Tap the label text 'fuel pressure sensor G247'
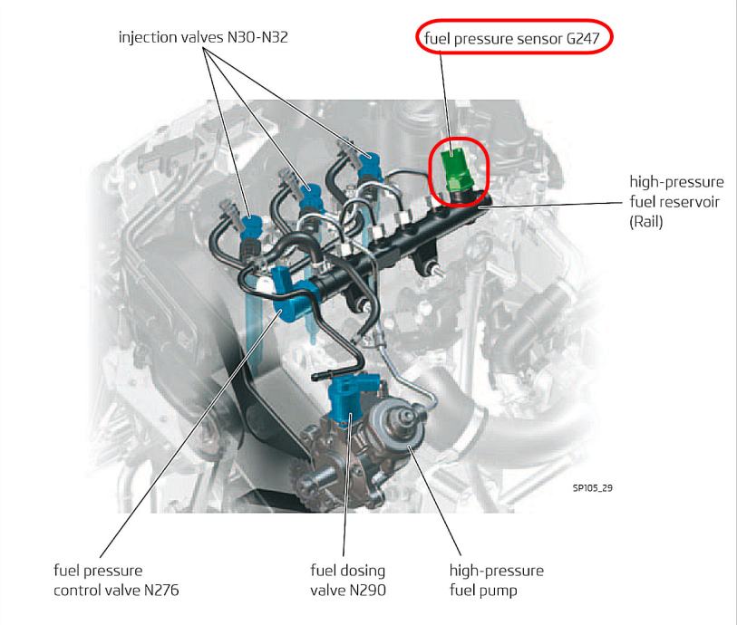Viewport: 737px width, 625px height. (x=512, y=37)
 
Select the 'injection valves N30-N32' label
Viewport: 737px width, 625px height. (x=202, y=36)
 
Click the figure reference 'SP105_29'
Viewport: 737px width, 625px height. (x=592, y=488)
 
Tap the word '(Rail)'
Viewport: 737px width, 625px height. (x=645, y=221)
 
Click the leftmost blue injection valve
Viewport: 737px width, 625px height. (x=251, y=227)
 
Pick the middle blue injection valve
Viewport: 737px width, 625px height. (x=310, y=196)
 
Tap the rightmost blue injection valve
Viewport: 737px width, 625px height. (x=369, y=166)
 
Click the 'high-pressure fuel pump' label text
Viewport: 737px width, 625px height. (x=497, y=580)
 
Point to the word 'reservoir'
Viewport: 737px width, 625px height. (x=688, y=201)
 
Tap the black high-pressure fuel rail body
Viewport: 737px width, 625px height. (x=404, y=245)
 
